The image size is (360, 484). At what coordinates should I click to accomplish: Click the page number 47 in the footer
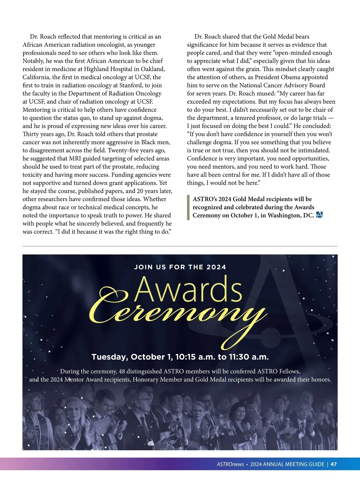click(333, 464)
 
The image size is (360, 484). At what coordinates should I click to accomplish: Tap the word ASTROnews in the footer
click(230, 464)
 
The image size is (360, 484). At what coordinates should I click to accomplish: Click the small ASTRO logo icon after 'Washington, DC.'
click(319, 215)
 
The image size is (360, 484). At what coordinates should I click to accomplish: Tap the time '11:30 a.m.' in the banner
click(249, 357)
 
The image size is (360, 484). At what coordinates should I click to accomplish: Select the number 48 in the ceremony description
click(122, 371)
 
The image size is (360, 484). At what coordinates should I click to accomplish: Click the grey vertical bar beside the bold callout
click(188, 207)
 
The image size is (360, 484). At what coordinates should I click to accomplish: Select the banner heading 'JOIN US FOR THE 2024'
click(180, 267)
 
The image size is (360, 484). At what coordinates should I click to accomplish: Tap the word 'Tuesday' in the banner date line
click(110, 357)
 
